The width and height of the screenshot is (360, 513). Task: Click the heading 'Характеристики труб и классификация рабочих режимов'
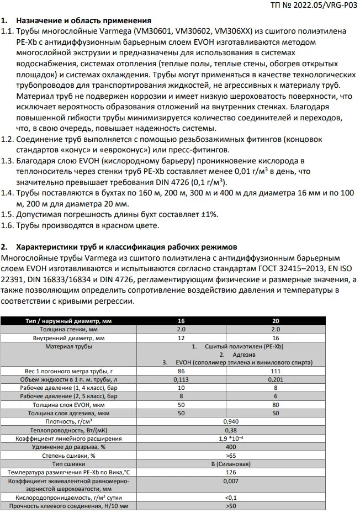(x=120, y=246)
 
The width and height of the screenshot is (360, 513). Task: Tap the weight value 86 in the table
(x=181, y=372)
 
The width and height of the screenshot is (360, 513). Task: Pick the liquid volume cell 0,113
(x=181, y=380)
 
